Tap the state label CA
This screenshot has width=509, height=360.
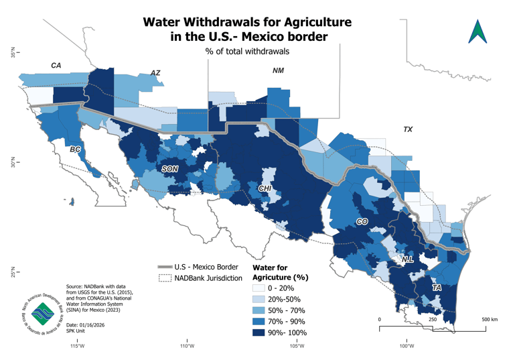56,65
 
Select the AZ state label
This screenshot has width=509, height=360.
155,72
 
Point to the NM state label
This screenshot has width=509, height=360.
278,70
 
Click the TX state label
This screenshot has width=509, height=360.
408,129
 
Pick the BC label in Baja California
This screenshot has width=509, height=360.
76,150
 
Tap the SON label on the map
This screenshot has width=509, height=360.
170,170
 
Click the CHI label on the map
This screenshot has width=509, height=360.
265,189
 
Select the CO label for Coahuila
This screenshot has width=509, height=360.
362,221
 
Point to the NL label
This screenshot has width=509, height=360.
407,259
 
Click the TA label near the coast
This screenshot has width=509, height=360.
436,288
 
